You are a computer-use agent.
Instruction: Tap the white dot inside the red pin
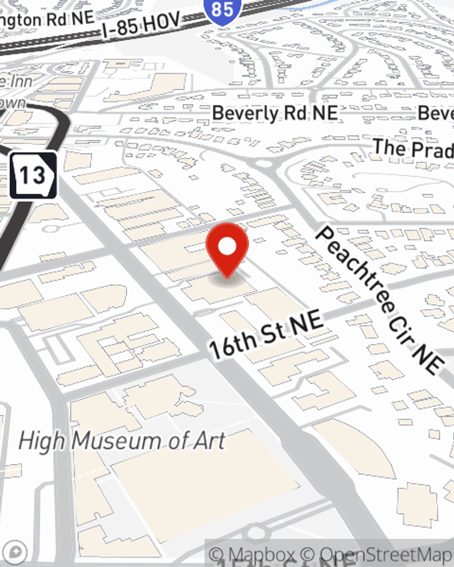227,247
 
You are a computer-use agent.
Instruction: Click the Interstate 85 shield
222,10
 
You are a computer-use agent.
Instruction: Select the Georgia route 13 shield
33,175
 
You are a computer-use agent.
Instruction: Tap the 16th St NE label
266,335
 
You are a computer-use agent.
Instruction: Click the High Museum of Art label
122,440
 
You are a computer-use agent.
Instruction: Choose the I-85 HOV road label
141,24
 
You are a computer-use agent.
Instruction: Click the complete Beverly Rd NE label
275,113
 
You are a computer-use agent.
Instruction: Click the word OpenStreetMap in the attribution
386,554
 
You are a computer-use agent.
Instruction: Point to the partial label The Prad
412,148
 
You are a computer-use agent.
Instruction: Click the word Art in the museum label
210,440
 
